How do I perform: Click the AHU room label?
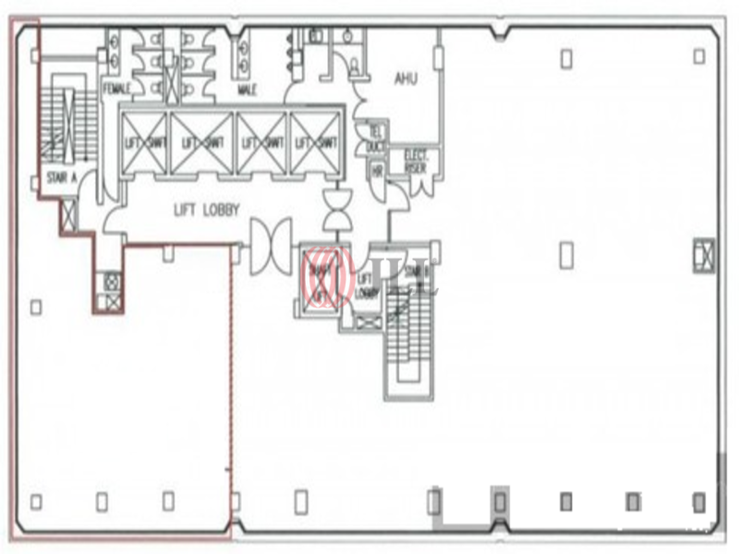coord(406,78)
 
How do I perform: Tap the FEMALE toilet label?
coord(116,90)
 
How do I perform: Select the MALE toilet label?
coord(247,90)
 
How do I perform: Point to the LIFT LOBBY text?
coord(207,211)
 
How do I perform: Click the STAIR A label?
coord(61,175)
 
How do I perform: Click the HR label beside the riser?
coord(377,171)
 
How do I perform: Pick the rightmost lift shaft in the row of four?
coord(315,142)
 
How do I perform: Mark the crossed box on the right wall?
coord(704,254)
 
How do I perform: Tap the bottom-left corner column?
coord(36,501)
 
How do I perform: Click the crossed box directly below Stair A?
coord(68,215)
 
